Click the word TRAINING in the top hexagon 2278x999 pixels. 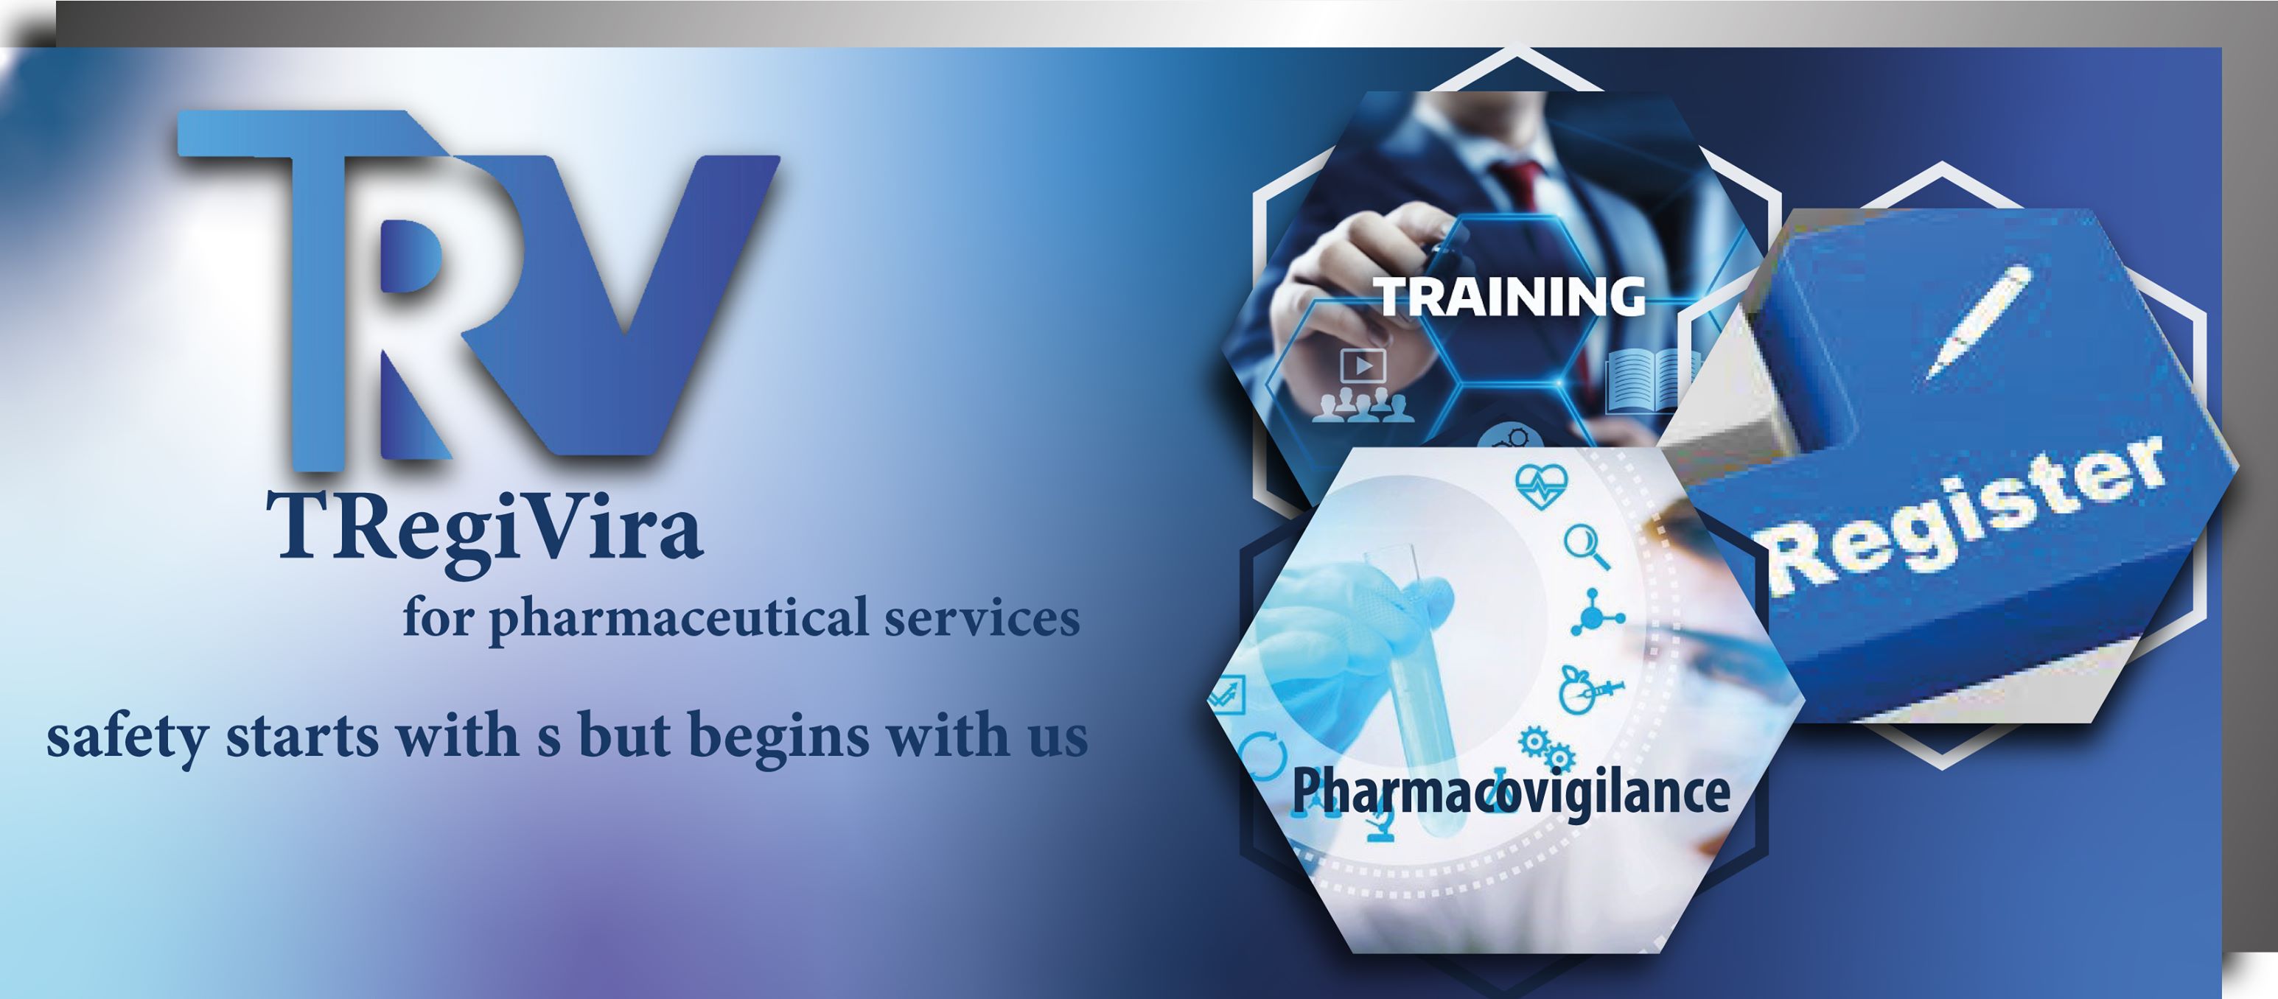(x=1509, y=296)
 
